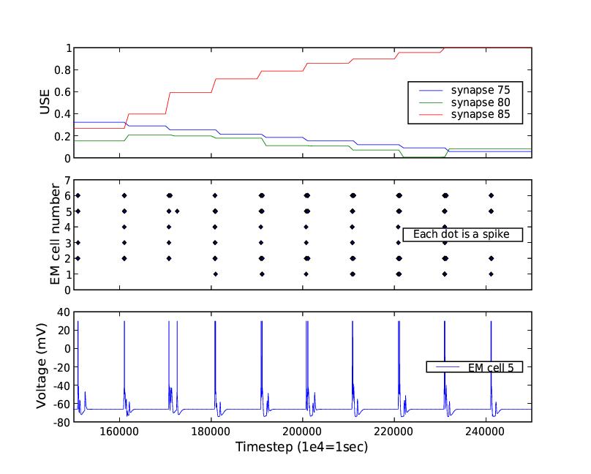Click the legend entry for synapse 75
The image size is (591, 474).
point(479,90)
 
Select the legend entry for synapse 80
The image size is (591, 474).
point(479,102)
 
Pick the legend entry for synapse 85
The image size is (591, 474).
point(479,115)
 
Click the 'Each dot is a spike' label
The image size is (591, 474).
point(462,235)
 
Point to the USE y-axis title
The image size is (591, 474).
point(45,103)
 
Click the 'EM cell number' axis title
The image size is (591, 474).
point(55,235)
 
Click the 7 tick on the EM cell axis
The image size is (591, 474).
point(67,180)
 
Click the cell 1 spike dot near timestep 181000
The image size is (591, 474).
point(215,274)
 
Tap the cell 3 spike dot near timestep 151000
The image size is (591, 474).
point(78,242)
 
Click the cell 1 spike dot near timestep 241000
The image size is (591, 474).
point(492,274)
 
